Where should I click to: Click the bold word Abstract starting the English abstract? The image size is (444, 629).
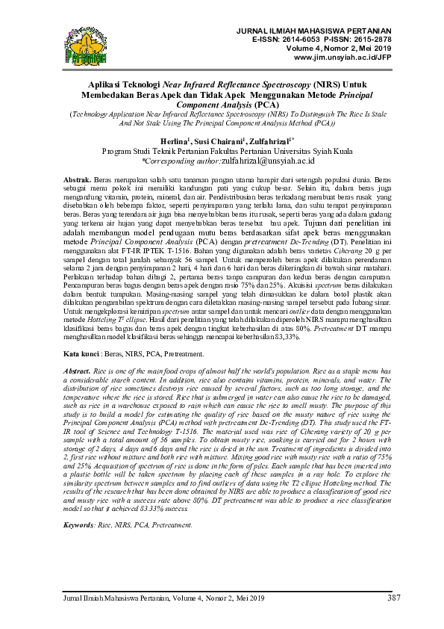[77, 371]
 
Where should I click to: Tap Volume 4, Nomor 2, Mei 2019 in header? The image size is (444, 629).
[338, 46]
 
